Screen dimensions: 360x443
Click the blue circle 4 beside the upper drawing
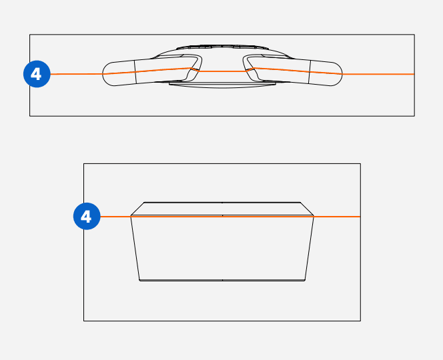[36, 74]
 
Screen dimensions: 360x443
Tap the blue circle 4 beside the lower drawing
[86, 216]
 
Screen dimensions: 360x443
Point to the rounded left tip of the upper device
[104, 74]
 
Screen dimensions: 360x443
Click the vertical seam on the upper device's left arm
[135, 72]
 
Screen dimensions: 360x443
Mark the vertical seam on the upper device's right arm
[309, 72]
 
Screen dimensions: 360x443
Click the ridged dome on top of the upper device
[222, 49]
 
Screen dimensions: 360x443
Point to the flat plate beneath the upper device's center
[222, 84]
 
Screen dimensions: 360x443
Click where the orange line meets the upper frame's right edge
[414, 74]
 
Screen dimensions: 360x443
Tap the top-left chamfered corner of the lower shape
[137, 208]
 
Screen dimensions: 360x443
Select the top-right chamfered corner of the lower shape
[307, 208]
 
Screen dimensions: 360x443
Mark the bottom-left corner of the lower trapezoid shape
[139, 281]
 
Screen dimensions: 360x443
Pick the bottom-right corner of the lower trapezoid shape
[306, 281]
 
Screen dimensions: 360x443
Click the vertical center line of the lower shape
[222, 247]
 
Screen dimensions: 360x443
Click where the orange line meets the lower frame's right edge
[360, 217]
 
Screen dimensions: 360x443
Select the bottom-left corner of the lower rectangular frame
[83, 321]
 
